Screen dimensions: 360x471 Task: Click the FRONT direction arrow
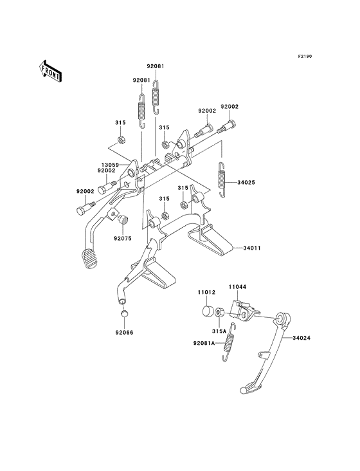point(51,71)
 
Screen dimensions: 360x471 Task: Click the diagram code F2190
point(305,56)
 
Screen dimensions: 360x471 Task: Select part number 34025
point(246,182)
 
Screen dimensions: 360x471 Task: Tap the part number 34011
point(252,248)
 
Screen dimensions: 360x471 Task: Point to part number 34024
point(301,338)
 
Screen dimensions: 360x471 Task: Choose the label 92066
point(124,333)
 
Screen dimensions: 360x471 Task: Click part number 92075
point(122,238)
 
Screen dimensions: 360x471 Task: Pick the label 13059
point(110,165)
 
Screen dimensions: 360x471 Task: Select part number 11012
point(206,292)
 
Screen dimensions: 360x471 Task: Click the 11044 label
point(238,287)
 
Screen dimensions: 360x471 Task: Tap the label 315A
point(219,331)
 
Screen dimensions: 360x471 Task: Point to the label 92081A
point(204,344)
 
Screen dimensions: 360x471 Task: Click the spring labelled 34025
point(221,180)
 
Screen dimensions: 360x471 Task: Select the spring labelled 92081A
point(229,342)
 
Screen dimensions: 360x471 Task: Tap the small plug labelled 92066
point(125,313)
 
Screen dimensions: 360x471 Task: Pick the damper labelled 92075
point(123,219)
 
